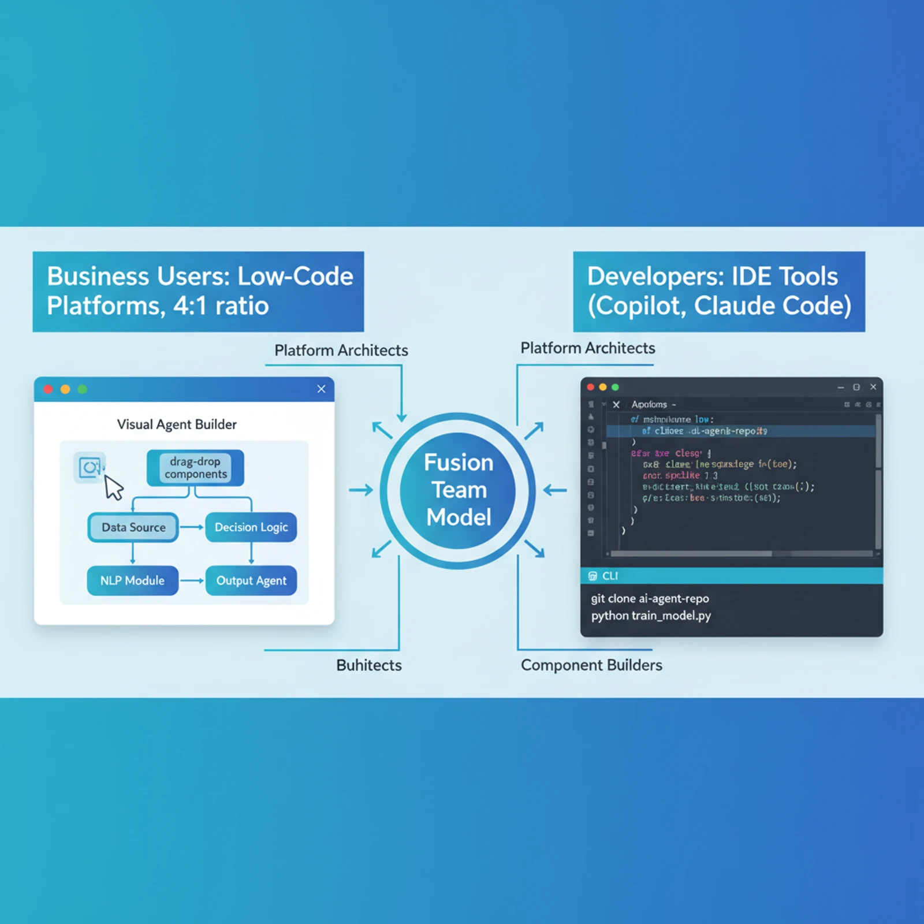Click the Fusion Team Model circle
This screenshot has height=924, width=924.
pyautogui.click(x=458, y=490)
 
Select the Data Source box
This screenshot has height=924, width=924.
pyautogui.click(x=133, y=527)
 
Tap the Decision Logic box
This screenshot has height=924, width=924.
pyautogui.click(x=251, y=527)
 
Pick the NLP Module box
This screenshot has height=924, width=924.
pyautogui.click(x=132, y=580)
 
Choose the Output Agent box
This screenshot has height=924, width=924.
pyautogui.click(x=251, y=580)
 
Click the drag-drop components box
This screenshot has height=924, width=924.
pyautogui.click(x=195, y=468)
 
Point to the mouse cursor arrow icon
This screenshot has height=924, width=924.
pyautogui.click(x=113, y=487)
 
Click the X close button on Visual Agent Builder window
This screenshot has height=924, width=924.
pyautogui.click(x=321, y=389)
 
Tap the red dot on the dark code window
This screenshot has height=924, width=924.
pyautogui.click(x=590, y=387)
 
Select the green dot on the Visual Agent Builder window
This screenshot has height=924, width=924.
pyautogui.click(x=83, y=389)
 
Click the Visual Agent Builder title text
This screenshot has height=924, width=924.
pyautogui.click(x=177, y=424)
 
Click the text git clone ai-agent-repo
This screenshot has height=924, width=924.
pyautogui.click(x=650, y=599)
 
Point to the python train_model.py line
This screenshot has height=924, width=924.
pyautogui.click(x=651, y=616)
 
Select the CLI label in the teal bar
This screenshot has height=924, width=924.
pyautogui.click(x=610, y=576)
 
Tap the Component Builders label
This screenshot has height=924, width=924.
pyautogui.click(x=591, y=665)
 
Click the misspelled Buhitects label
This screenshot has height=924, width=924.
pyautogui.click(x=368, y=665)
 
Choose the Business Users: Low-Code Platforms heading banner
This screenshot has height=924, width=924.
pyautogui.click(x=198, y=291)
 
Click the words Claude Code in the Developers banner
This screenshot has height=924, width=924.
pyautogui.click(x=772, y=306)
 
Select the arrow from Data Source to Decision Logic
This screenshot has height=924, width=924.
pyautogui.click(x=192, y=527)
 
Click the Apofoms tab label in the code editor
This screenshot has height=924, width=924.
pyautogui.click(x=649, y=404)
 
